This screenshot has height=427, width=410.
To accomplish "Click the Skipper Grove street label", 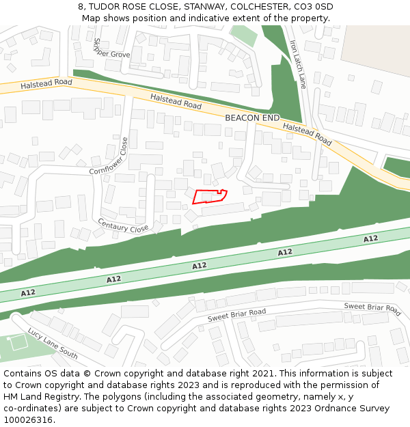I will pyautogui.click(x=111, y=49).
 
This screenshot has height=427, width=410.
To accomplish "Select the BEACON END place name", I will pyautogui.click(x=252, y=118).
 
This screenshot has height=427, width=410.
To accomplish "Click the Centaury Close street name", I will pyautogui.click(x=123, y=225).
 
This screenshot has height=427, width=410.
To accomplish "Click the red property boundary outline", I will pyautogui.click(x=209, y=196).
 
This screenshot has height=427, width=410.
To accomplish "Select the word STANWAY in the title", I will pyautogui.click(x=203, y=7).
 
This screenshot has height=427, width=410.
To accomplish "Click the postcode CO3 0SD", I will pyautogui.click(x=315, y=7).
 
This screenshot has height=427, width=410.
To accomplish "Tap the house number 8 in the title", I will pyautogui.click(x=81, y=7).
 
